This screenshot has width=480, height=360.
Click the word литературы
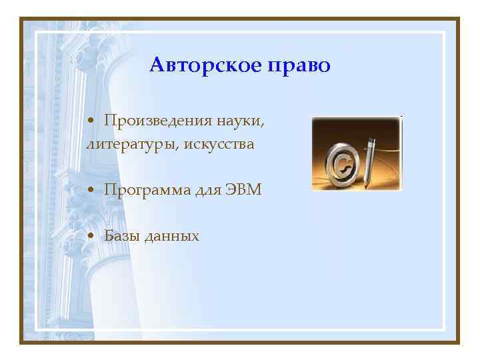tap(125, 143)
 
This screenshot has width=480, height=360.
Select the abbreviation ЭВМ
tap(245, 190)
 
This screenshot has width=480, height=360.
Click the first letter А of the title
tap(157, 65)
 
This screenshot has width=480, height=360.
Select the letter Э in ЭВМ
tap(231, 190)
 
